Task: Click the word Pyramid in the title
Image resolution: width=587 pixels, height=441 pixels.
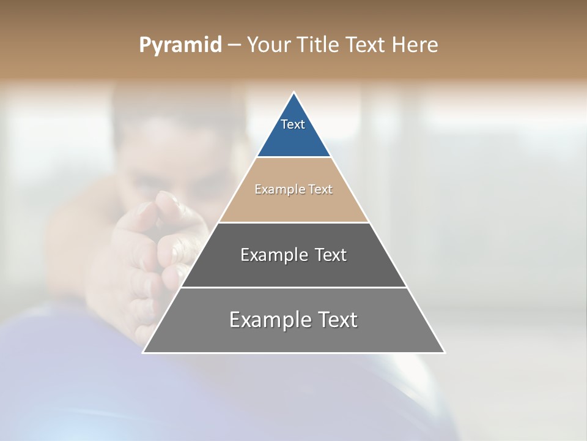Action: [180, 45]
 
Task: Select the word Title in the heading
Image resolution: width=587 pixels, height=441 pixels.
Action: [318, 45]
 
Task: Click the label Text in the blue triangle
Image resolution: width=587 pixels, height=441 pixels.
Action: [293, 124]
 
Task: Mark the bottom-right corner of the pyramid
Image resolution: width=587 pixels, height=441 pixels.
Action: [444, 352]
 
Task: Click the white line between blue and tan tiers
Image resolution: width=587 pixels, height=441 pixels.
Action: [293, 157]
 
